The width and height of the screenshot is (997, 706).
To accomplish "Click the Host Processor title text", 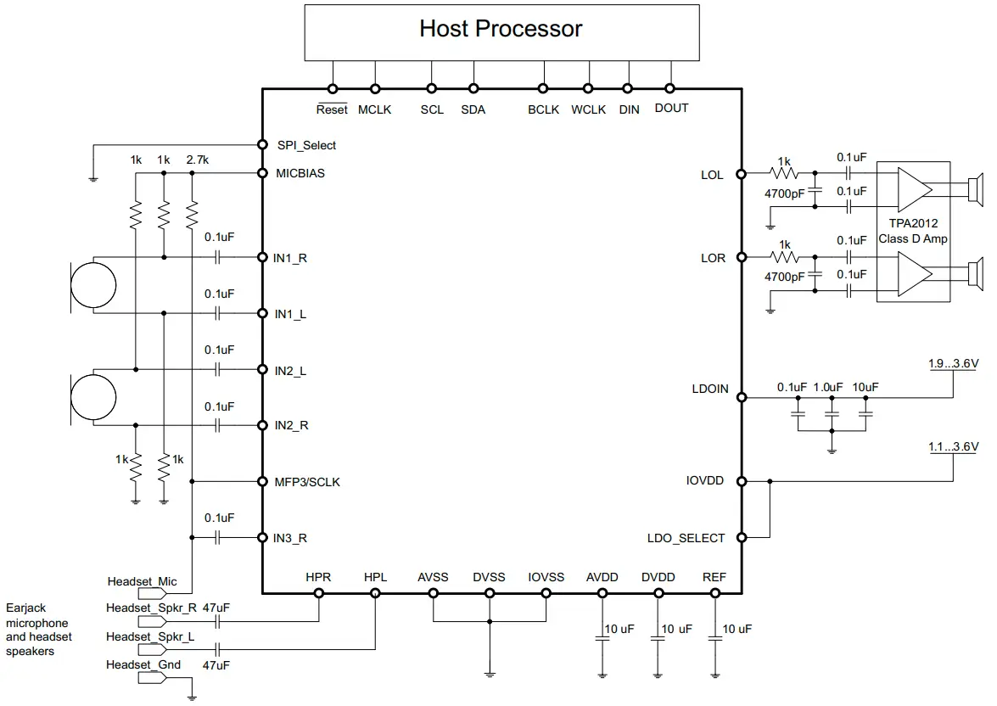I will coord(501,29).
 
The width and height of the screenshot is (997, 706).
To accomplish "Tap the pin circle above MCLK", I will coord(374,88).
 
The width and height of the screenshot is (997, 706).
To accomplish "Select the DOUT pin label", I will coord(671,109).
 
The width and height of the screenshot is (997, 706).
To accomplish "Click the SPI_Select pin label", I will coord(306,145).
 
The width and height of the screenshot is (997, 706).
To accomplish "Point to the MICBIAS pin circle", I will coord(262,173).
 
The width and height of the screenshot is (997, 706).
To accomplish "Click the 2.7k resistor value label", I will coord(196,160).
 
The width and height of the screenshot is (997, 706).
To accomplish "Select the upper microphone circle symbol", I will coord(92,285).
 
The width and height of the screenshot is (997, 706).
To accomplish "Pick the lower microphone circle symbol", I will coord(92,397).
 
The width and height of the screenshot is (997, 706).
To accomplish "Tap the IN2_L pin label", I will coord(290,371).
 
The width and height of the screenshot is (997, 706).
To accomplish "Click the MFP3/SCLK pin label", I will coord(307,482).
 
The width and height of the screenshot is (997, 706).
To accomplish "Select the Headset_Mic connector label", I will coord(142,581).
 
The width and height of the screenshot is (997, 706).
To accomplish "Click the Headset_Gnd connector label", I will coord(143,664).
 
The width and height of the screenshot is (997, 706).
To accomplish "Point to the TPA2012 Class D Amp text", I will coord(913,232).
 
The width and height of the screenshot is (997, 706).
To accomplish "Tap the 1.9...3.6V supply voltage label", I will coord(953,363).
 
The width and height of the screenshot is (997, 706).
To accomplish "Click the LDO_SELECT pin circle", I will coord(741,537).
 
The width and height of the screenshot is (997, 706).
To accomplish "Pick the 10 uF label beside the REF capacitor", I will coord(737,629).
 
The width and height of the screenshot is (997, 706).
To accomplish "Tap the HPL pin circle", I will coord(375,593).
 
